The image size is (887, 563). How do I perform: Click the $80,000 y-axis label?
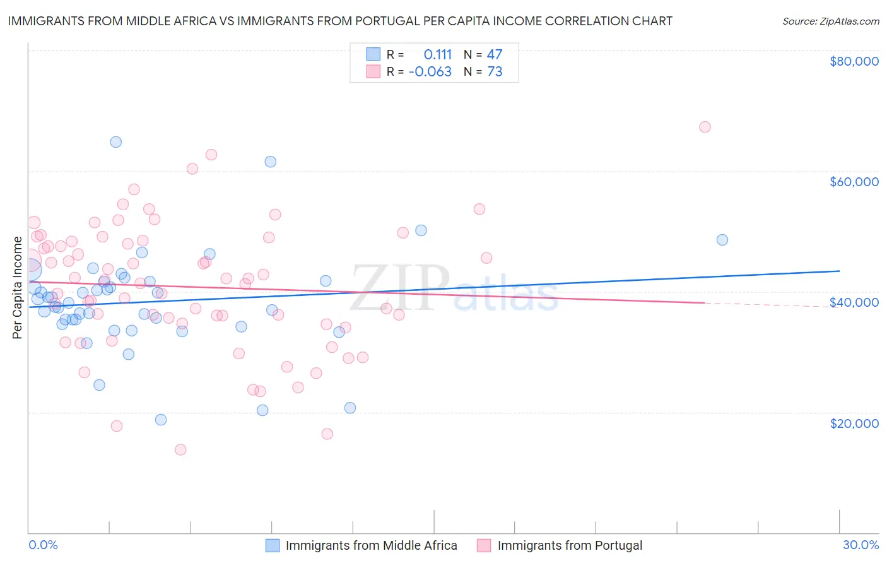pyautogui.click(x=854, y=61)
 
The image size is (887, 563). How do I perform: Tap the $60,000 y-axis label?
pyautogui.click(x=854, y=182)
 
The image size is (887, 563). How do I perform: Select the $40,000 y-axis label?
pyautogui.click(x=854, y=302)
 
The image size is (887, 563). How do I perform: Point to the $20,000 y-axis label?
pyautogui.click(x=854, y=423)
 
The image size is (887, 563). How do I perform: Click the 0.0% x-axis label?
pyautogui.click(x=43, y=545)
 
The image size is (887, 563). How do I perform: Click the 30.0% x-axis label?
pyautogui.click(x=861, y=545)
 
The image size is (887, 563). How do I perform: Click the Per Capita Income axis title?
pyautogui.click(x=18, y=287)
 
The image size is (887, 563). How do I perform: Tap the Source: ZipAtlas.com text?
pyautogui.click(x=830, y=21)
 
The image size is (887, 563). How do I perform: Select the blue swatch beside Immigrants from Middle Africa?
pyautogui.click(x=273, y=545)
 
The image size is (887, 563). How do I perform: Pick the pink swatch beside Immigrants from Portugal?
pyautogui.click(x=484, y=545)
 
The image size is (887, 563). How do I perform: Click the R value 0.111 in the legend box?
pyautogui.click(x=438, y=54)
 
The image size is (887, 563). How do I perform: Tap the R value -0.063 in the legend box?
pyautogui.click(x=430, y=71)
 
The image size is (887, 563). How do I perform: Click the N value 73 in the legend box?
pyautogui.click(x=495, y=71)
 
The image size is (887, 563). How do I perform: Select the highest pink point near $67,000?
pyautogui.click(x=705, y=127)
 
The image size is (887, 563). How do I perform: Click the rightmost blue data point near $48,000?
pyautogui.click(x=722, y=240)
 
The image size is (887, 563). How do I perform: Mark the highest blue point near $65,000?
pyautogui.click(x=116, y=142)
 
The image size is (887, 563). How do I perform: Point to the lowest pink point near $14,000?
pyautogui.click(x=180, y=449)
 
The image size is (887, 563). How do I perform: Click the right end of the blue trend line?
pyautogui.click(x=839, y=271)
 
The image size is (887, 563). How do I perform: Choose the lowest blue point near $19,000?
pyautogui.click(x=161, y=420)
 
